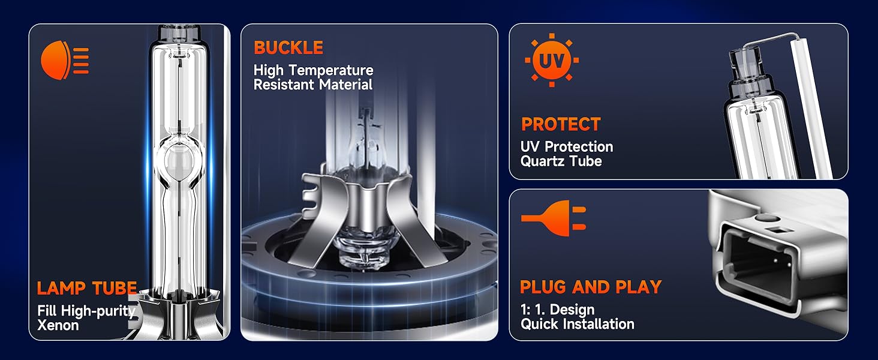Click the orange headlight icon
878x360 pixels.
(x=65, y=61)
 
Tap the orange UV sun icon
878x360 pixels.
(x=552, y=60)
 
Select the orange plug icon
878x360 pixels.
(x=554, y=218)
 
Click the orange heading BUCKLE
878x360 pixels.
(x=288, y=48)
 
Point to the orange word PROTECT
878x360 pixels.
(x=561, y=124)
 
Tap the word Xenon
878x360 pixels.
(x=58, y=325)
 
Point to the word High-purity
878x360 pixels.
(x=98, y=311)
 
